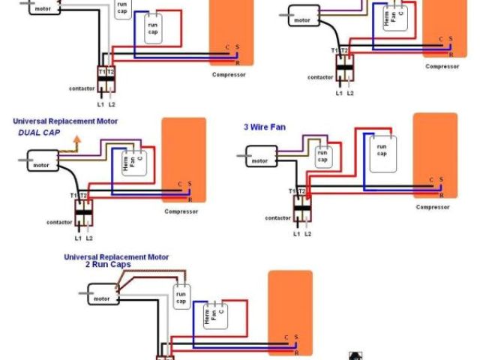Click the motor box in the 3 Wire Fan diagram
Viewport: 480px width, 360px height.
coord(259,160)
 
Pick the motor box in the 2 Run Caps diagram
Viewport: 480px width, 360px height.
coord(102,298)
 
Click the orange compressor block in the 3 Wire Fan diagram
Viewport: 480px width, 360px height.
coord(435,155)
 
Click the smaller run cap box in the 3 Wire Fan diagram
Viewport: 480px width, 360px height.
coord(323,156)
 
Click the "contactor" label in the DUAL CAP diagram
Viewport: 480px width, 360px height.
coord(59,223)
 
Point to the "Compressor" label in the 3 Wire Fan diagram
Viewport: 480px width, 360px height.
coord(433,207)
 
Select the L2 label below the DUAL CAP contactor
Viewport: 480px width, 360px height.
coord(89,238)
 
